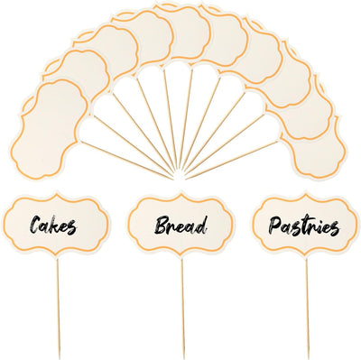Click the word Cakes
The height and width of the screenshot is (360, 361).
point(53,226)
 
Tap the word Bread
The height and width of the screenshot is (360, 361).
point(180,226)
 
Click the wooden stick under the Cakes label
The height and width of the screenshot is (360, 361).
point(59,307)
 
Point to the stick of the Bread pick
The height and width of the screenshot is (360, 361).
point(182,307)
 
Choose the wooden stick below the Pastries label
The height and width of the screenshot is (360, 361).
point(308,307)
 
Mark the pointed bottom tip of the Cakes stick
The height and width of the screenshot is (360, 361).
point(60,356)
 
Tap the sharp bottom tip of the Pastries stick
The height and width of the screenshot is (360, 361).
point(309,356)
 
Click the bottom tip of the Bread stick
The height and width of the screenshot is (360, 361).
point(183,356)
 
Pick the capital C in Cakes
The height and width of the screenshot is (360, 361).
point(35,225)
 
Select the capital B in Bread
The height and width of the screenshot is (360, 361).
point(161,226)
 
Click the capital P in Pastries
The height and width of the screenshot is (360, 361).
point(275,226)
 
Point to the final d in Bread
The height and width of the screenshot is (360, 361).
point(202,225)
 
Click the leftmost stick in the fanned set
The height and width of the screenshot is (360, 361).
point(127,161)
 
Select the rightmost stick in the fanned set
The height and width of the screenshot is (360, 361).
point(232,161)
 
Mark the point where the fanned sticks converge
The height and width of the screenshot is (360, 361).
point(180,177)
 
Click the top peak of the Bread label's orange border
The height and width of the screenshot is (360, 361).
point(180,195)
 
